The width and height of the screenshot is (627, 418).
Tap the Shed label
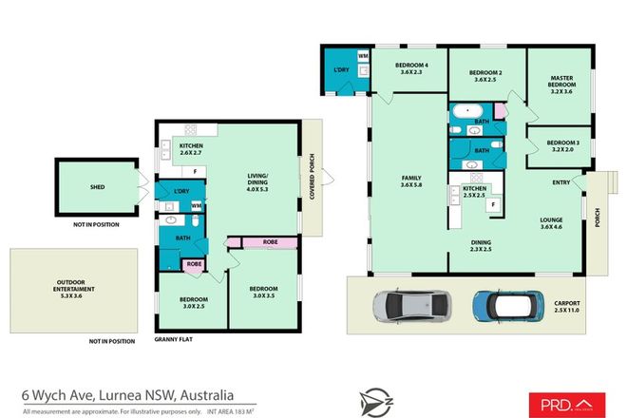point(97,187)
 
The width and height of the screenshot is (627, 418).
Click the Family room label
point(412,181)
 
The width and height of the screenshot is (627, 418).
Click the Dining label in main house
point(482,245)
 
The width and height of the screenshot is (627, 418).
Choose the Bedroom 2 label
point(485,75)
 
